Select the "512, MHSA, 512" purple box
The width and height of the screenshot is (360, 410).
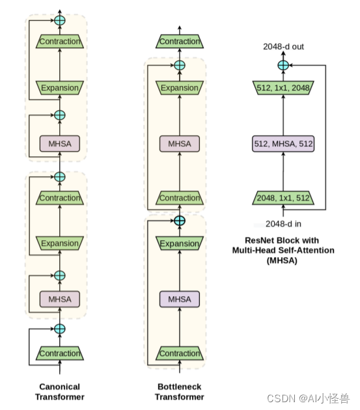point(283,143)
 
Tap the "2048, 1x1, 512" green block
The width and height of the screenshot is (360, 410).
point(283,198)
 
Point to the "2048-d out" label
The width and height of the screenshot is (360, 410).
point(283,47)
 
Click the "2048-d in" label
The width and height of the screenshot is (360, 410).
point(283,225)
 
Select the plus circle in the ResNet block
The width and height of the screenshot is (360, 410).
point(283,65)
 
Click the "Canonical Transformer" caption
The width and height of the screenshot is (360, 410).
point(60,391)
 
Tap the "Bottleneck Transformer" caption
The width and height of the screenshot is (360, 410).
point(180,391)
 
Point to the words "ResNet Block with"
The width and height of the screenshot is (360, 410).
point(283,240)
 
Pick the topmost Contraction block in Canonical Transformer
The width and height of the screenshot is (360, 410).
point(60,42)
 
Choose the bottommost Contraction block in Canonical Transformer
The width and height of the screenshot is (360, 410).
point(60,353)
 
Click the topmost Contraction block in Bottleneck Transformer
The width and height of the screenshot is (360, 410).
point(180,42)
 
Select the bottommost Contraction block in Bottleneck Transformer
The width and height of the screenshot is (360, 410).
point(180,353)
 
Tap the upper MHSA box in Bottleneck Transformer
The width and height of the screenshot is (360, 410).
point(180,143)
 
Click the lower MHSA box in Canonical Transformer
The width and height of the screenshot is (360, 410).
point(60,299)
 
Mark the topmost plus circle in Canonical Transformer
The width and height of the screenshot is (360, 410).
point(60,21)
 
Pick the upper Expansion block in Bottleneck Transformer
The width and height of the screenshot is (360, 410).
point(180,88)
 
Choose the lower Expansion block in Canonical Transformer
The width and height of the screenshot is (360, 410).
point(60,243)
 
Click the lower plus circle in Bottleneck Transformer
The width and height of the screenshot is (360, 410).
point(180,221)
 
